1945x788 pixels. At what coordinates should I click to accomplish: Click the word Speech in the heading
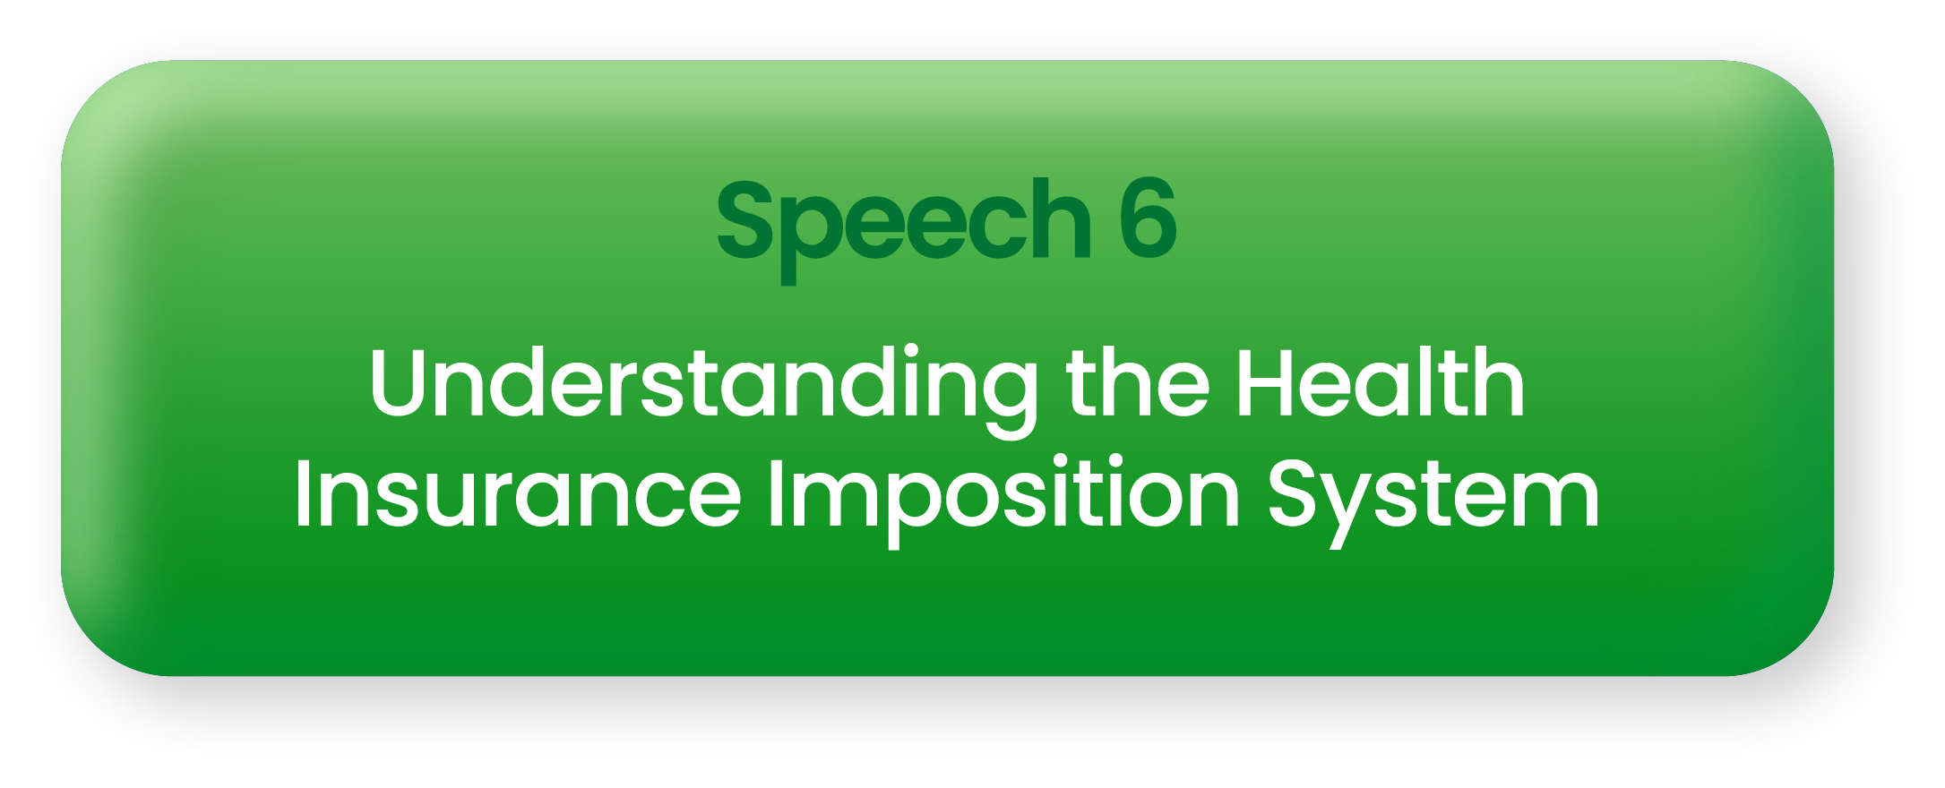(x=903, y=229)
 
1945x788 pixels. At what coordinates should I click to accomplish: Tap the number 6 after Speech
(x=1148, y=218)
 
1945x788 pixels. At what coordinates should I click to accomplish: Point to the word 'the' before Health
(x=1138, y=382)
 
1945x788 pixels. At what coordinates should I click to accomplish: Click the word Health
(x=1381, y=382)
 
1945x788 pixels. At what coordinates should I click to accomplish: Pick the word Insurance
(x=518, y=492)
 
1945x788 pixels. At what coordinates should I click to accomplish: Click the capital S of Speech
(x=744, y=218)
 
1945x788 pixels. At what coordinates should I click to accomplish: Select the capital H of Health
(x=1267, y=382)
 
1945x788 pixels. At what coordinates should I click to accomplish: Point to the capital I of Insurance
(x=303, y=493)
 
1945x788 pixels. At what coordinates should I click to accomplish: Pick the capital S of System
(x=1296, y=493)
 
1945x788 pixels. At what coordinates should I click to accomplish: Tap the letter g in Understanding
(x=1008, y=402)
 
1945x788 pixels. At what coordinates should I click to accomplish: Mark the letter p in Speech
(x=809, y=236)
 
